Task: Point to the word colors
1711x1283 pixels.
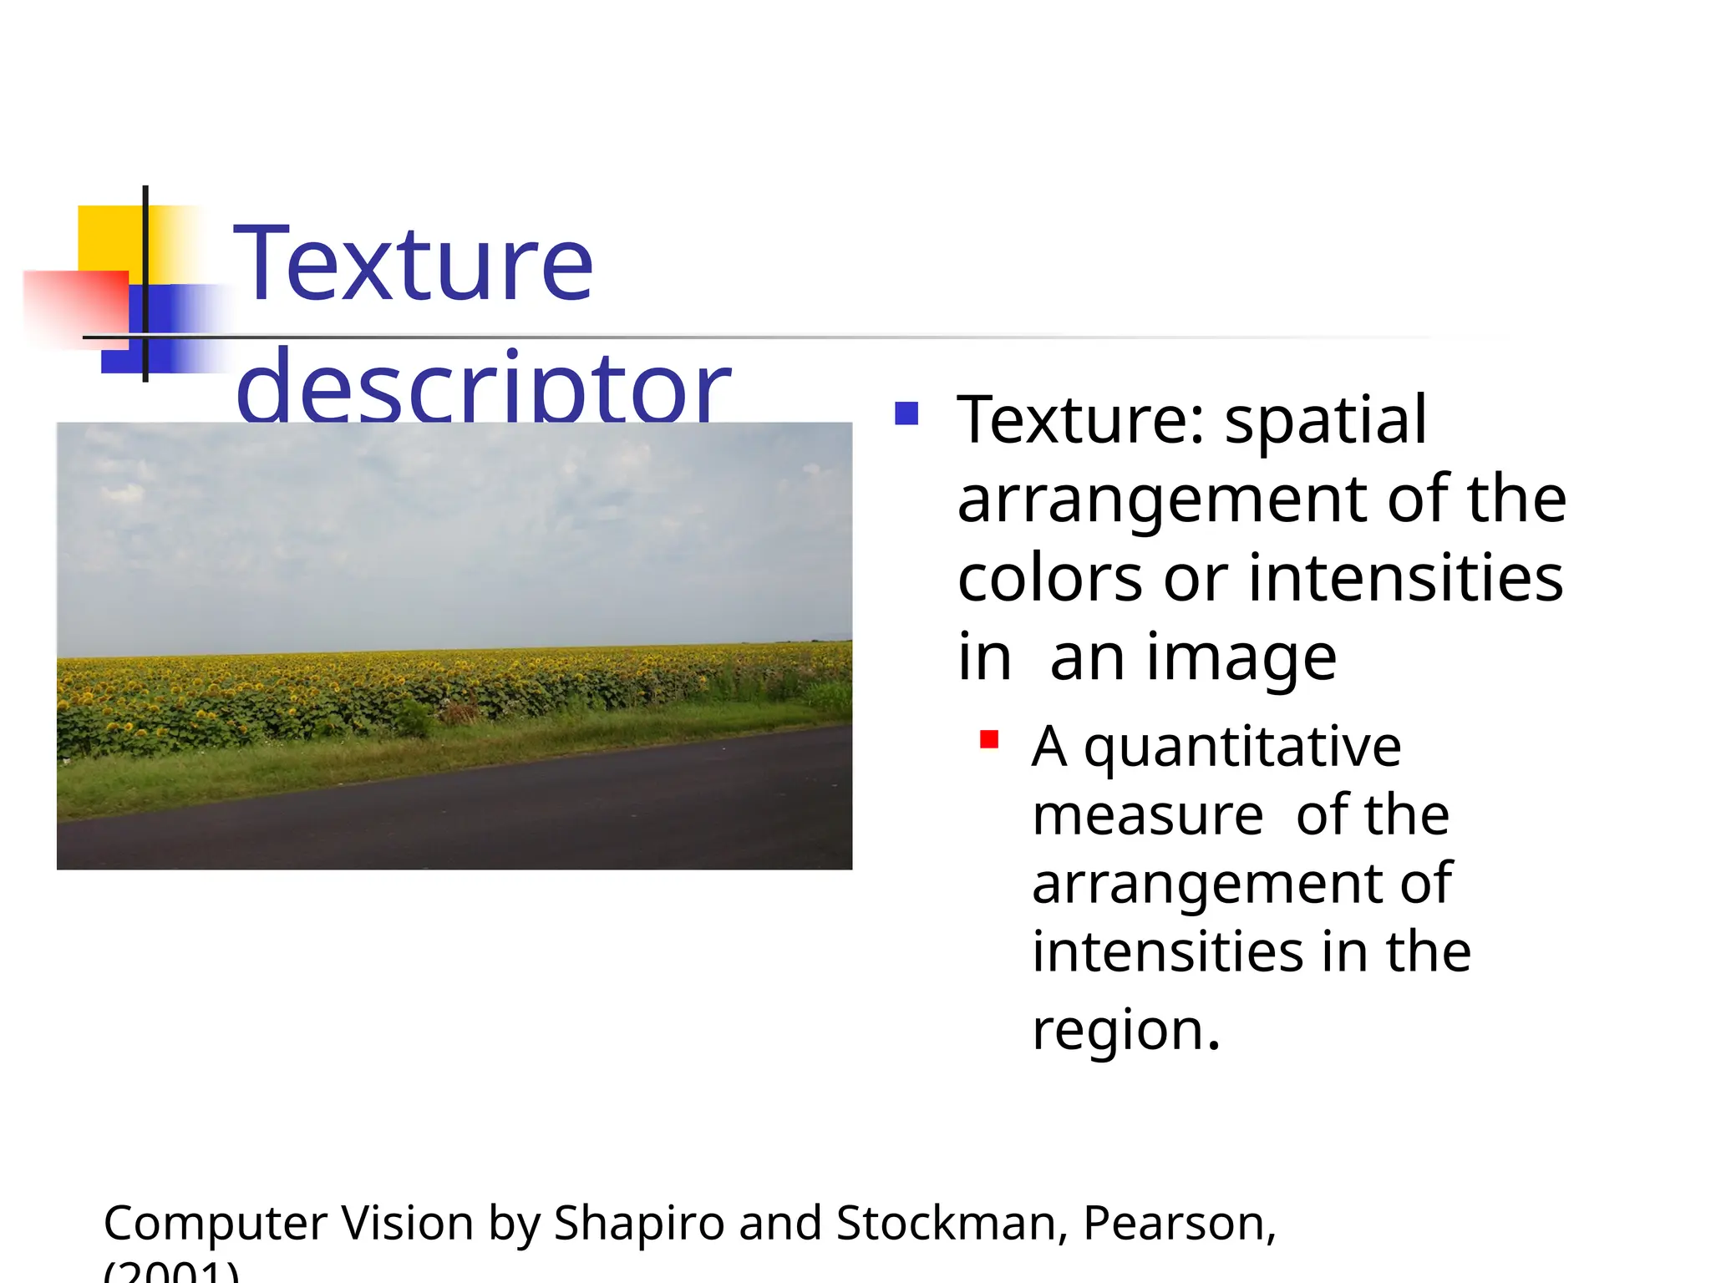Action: coord(1050,578)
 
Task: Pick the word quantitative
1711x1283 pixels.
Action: coord(1242,747)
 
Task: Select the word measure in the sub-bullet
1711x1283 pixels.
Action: coord(1147,815)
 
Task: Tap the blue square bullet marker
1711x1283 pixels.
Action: coord(906,413)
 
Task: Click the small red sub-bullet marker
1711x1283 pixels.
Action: coord(989,739)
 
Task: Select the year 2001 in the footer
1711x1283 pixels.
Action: coord(171,1273)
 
